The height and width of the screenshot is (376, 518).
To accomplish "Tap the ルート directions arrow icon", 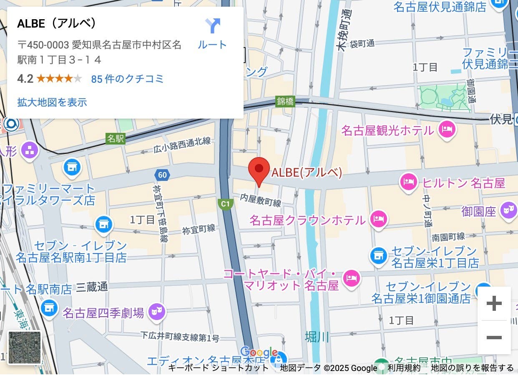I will pos(212,26).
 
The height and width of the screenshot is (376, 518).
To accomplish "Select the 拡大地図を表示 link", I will pos(52,102).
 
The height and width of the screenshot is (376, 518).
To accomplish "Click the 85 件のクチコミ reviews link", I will pos(127,79).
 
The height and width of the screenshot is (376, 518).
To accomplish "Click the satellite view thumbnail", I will pos(25,348).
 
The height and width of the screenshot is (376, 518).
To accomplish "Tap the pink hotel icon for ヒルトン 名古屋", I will pos(408,182).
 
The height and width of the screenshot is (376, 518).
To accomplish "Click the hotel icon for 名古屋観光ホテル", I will pos(447,129).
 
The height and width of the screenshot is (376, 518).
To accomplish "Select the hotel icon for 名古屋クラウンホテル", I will pos(378,219).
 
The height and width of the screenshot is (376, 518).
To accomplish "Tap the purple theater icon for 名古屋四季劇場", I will pos(157,311).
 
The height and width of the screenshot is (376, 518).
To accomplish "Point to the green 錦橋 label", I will pos(285,101).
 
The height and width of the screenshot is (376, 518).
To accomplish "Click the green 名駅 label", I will pos(115,138).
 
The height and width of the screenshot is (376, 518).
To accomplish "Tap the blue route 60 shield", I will pos(162,175).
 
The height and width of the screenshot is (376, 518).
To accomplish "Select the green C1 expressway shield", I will pos(225,204).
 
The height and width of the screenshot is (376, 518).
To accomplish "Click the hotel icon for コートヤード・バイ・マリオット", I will pos(351,278).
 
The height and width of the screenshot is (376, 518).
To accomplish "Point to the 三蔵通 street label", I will pos(92,287).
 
